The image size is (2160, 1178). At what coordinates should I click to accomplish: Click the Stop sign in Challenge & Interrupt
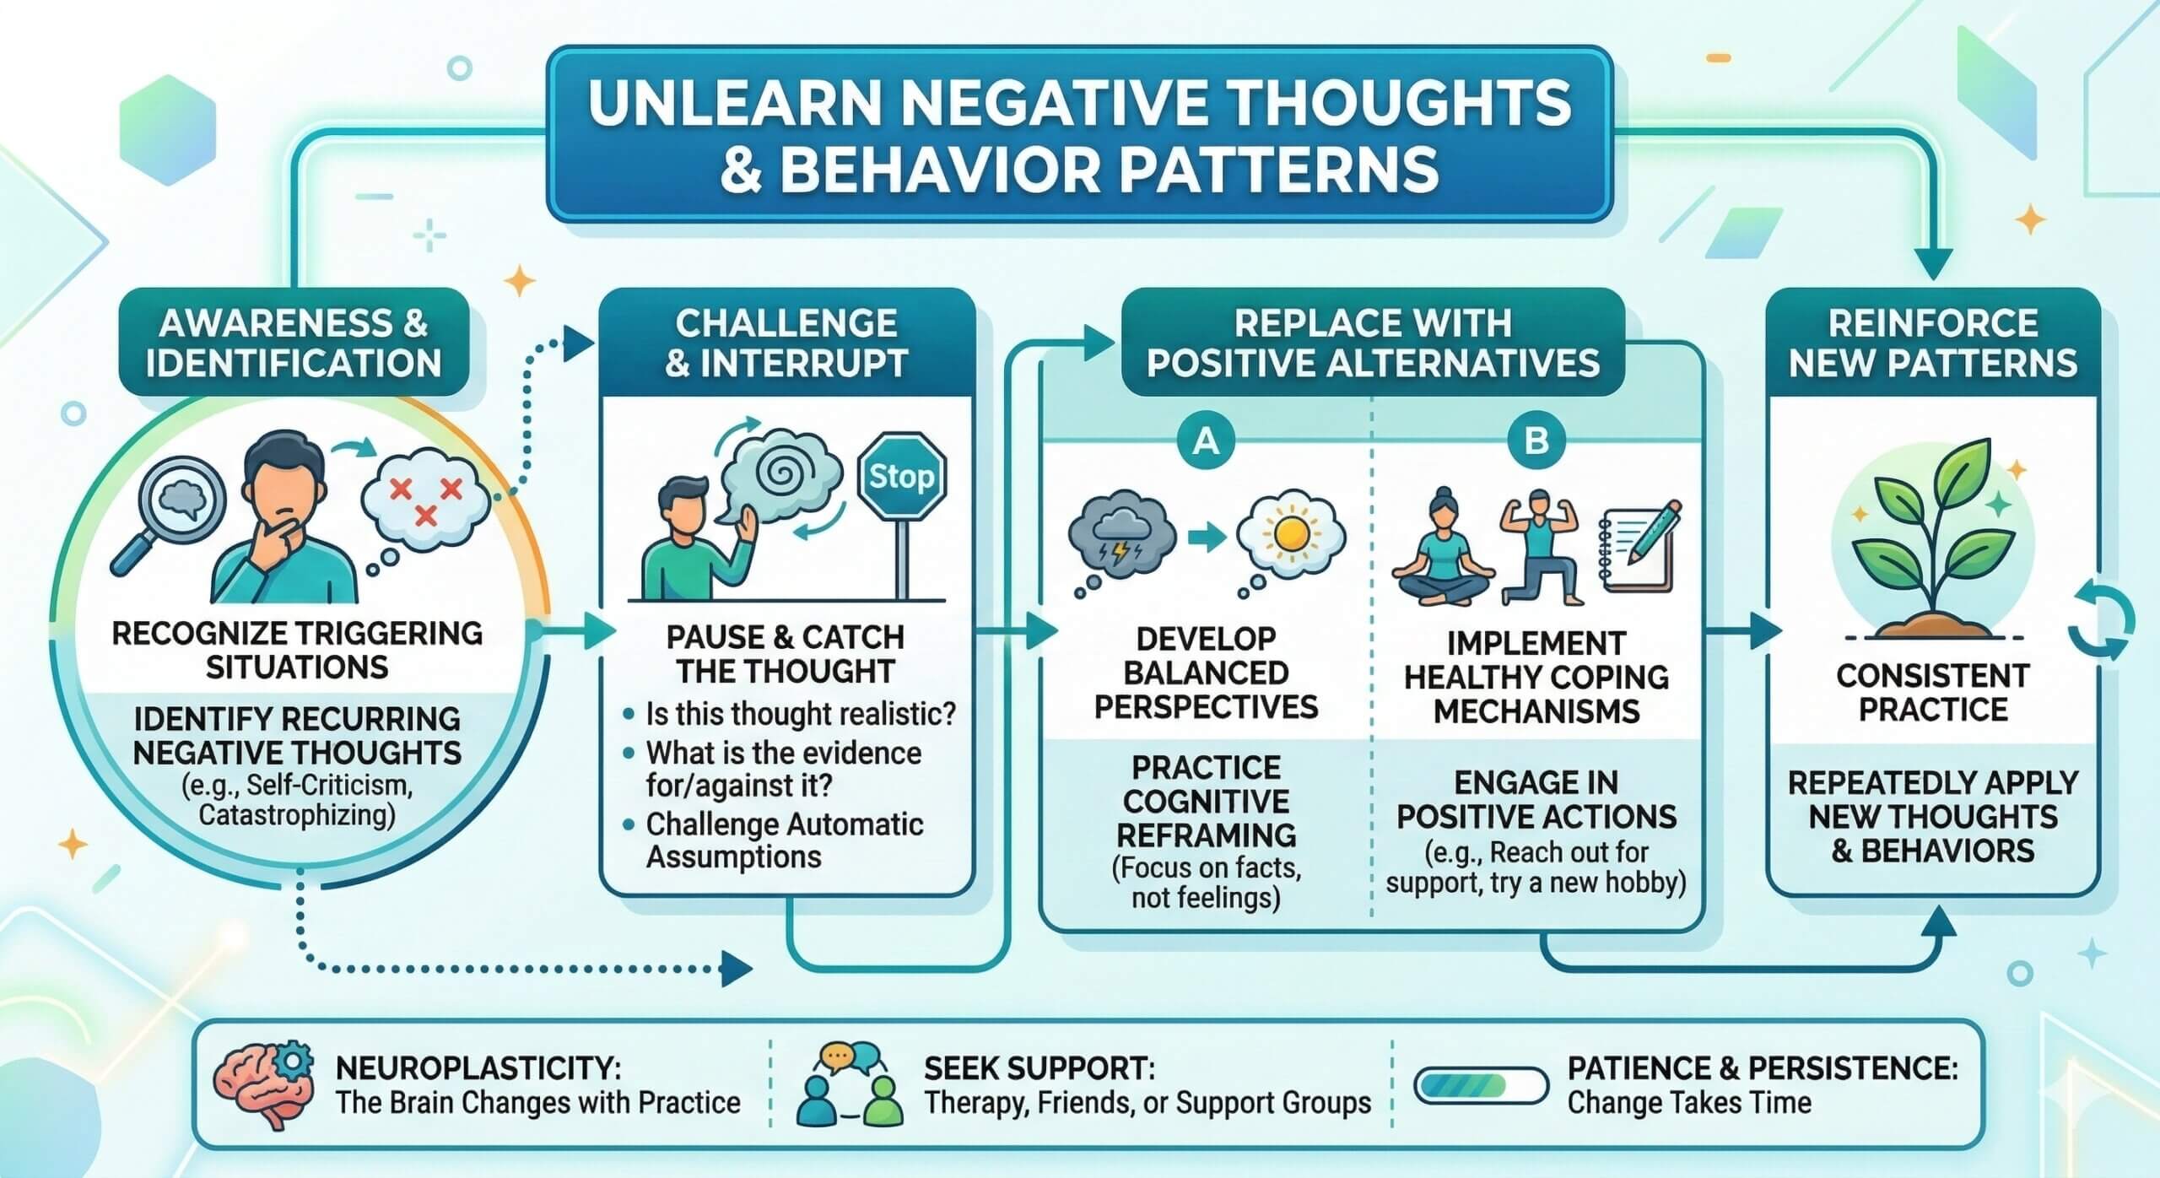click(901, 478)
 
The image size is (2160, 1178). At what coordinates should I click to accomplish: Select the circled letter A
click(1206, 440)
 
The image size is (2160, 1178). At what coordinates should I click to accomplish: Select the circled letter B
click(1536, 440)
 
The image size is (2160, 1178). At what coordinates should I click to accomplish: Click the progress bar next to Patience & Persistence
click(1481, 1086)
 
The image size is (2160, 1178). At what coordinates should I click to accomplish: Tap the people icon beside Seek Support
click(849, 1086)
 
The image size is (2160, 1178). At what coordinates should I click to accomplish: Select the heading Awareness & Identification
click(294, 343)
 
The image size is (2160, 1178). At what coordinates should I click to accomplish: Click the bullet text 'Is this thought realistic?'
click(800, 715)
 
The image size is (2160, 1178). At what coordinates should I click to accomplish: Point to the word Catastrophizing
click(297, 816)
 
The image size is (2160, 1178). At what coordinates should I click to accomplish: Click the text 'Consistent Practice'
click(1932, 692)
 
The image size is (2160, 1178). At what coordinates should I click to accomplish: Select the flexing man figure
click(1541, 545)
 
